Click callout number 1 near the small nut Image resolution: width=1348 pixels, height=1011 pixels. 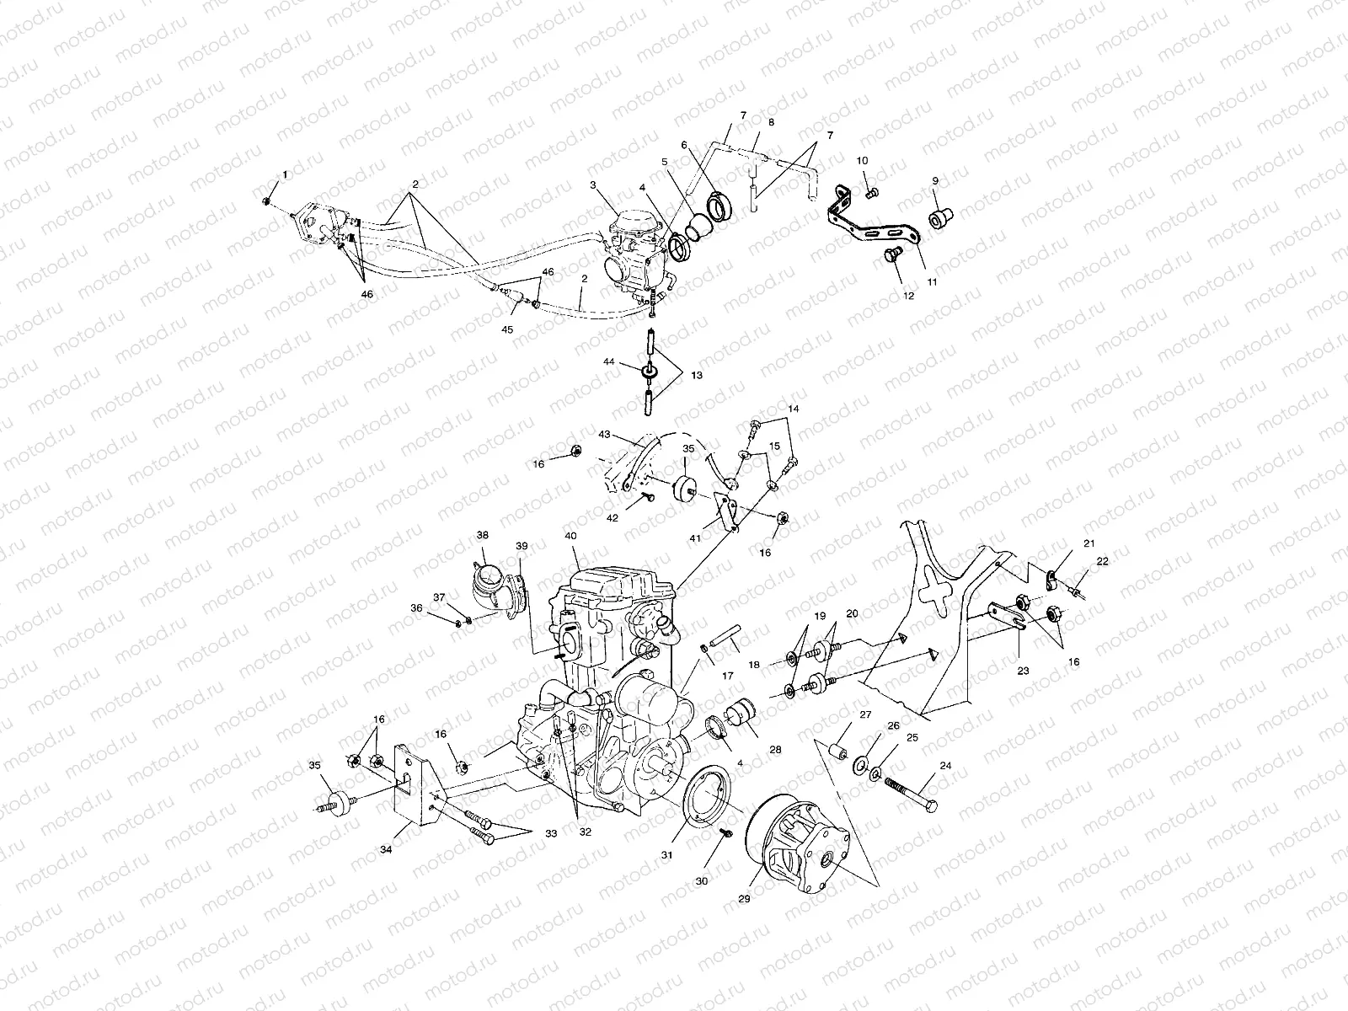click(x=284, y=174)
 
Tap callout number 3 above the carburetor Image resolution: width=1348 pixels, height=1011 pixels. click(x=593, y=185)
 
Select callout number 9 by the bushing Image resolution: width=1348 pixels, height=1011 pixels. click(x=934, y=180)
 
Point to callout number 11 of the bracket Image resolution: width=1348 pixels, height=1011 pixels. click(x=932, y=282)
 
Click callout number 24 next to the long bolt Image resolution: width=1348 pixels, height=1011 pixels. click(x=945, y=767)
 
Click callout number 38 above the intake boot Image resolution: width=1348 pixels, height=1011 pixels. click(x=482, y=534)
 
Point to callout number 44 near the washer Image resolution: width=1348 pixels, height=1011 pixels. click(x=632, y=361)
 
